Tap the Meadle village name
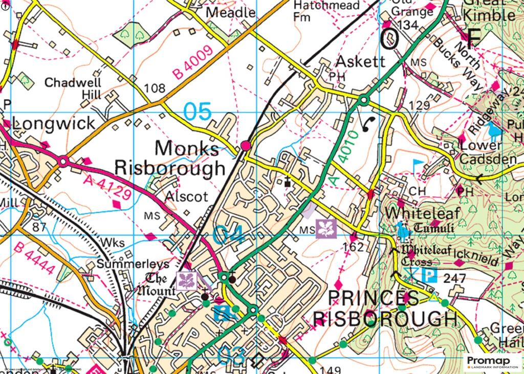tap(230, 13)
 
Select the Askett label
tap(360, 62)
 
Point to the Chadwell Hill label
tap(73, 89)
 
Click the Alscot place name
tap(186, 196)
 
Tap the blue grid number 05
tap(197, 112)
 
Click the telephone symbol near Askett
tap(367, 123)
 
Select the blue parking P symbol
tap(429, 276)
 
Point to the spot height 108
tap(155, 89)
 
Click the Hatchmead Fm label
tap(316, 10)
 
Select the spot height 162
tap(354, 248)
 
